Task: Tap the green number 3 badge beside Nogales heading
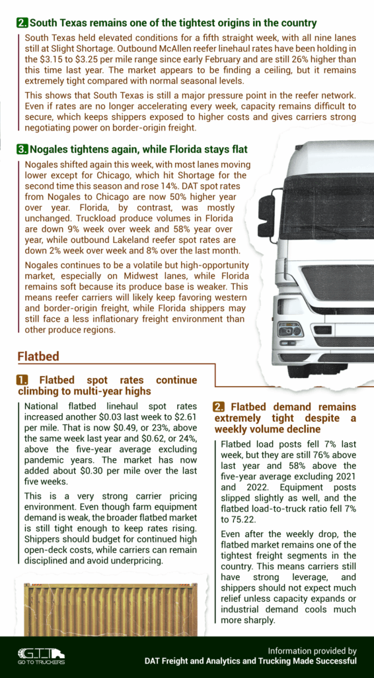pyautogui.click(x=22, y=150)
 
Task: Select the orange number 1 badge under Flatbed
pyautogui.click(x=22, y=381)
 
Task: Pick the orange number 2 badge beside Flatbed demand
pyautogui.click(x=219, y=407)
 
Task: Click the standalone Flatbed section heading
pyautogui.click(x=38, y=357)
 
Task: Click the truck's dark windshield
pyautogui.click(x=327, y=205)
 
